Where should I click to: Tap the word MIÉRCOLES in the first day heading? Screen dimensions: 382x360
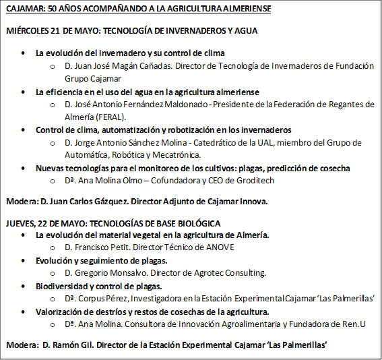[27, 31]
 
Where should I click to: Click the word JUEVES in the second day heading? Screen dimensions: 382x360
[20, 223]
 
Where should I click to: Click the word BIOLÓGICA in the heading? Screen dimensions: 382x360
[199, 223]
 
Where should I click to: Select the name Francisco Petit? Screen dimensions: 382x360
[101, 247]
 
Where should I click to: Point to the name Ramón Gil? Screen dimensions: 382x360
[79, 345]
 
